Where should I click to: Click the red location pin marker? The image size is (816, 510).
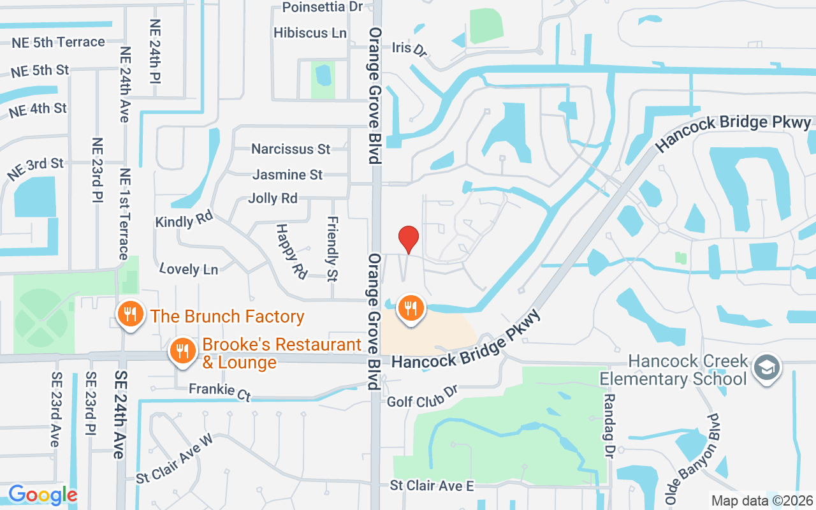point(409,240)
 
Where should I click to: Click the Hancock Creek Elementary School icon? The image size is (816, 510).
point(767,368)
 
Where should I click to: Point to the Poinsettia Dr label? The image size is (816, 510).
point(322,7)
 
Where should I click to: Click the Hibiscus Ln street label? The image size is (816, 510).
point(310,33)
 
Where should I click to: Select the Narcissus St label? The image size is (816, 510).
point(291,149)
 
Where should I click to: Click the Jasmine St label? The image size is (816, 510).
point(288,174)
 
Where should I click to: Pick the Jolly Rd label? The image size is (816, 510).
point(273,198)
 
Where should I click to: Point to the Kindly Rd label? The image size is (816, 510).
point(184,220)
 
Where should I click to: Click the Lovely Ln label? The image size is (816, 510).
point(189,269)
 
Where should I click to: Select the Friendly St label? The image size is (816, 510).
point(332,249)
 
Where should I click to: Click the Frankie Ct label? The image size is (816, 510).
point(220,391)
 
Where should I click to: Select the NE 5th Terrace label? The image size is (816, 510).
point(58,42)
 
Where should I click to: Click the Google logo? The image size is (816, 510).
point(43,495)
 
